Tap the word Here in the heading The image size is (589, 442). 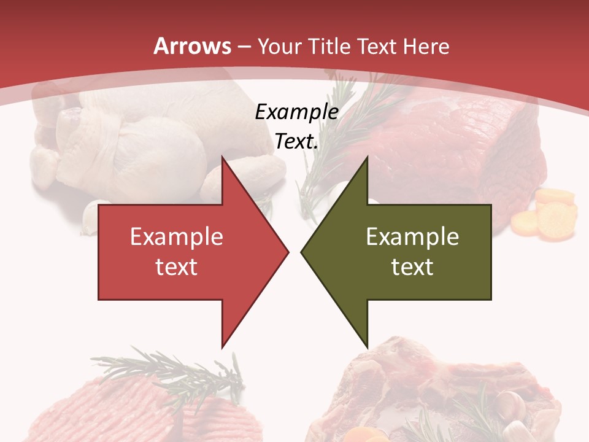point(426,46)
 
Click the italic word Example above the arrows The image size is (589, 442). point(297,112)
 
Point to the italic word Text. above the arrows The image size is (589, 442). point(297,142)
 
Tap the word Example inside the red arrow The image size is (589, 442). point(177,237)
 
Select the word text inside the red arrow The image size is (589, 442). point(177,266)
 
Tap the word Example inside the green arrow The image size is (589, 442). point(412,237)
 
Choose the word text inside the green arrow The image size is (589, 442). point(412,266)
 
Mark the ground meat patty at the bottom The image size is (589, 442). point(141,411)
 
